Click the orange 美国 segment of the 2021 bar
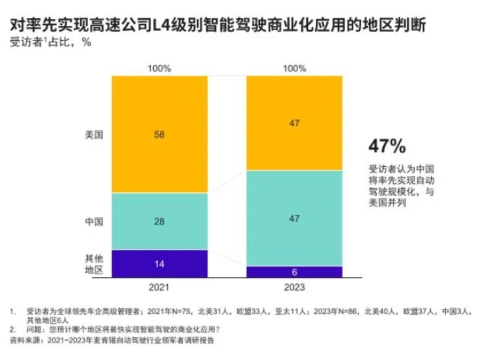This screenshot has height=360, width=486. click(x=138, y=110)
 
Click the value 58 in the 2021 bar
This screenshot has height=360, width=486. click(x=159, y=135)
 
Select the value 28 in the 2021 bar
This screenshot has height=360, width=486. click(x=159, y=222)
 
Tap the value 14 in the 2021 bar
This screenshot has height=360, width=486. click(x=159, y=264)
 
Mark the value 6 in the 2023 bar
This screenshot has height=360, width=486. click(x=295, y=272)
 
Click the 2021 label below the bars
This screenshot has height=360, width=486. click(x=159, y=288)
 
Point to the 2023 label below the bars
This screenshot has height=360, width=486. click(x=295, y=288)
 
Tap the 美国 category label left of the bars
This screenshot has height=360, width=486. click(x=94, y=135)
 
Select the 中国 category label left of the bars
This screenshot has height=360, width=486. click(x=94, y=222)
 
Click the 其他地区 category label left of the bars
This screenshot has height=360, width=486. click(x=94, y=264)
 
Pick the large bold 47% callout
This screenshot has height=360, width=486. click(x=387, y=146)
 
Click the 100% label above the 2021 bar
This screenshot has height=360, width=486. click(x=159, y=68)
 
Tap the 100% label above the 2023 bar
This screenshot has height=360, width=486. click(x=295, y=68)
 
